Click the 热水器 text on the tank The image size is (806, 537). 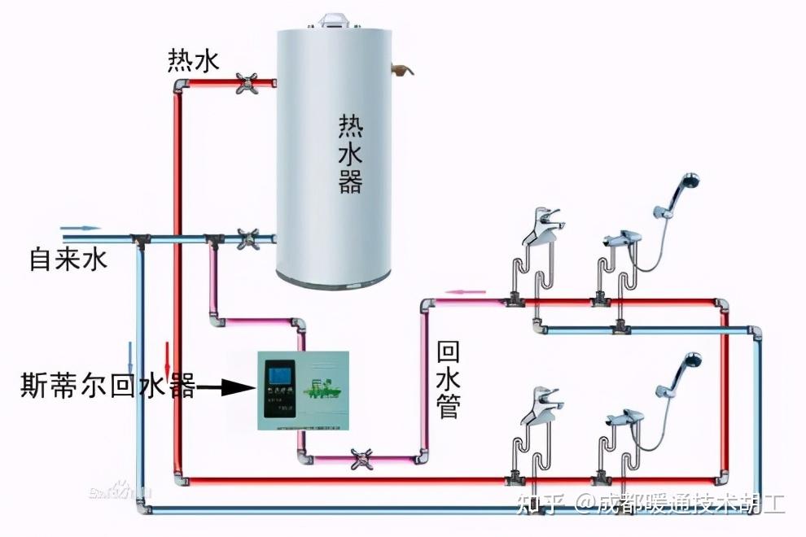click(350, 154)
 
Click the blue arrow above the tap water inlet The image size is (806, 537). click(81, 229)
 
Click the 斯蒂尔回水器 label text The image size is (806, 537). click(107, 386)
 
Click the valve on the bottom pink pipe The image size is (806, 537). click(359, 459)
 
